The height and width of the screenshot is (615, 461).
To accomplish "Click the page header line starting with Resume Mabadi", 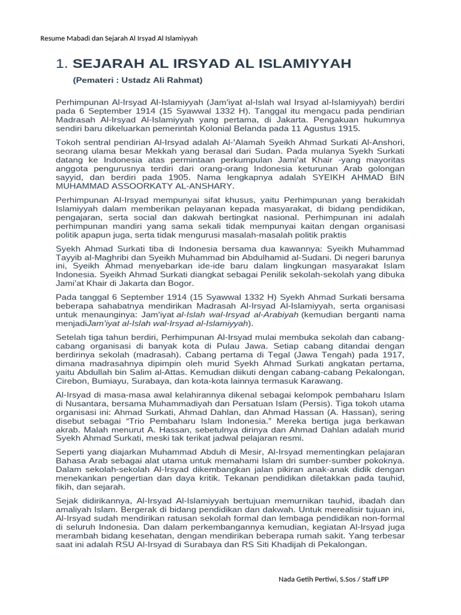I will (119, 38).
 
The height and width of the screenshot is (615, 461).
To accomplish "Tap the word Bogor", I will (179, 283).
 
